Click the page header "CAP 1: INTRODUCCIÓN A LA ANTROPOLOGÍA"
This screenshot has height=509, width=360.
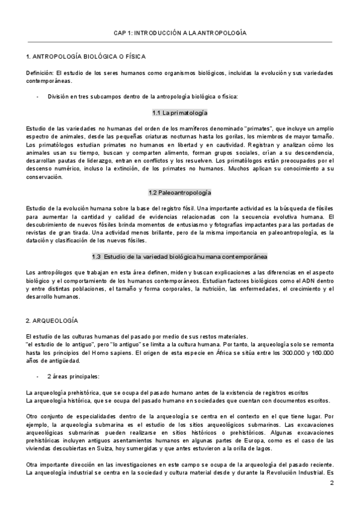point(180,34)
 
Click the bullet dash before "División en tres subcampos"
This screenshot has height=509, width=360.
point(38,97)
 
